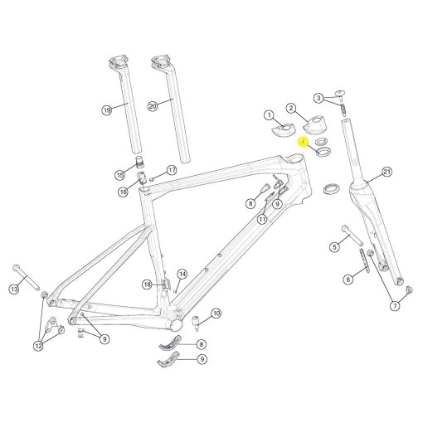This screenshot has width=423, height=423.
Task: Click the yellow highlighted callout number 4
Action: pos(304,143)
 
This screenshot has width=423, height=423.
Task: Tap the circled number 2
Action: pos(291,108)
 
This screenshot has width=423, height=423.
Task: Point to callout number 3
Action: pos(319,98)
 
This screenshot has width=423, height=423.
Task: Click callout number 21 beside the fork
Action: pos(387,173)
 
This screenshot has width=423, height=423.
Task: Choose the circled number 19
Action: pos(107,110)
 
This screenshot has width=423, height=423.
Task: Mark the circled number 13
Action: pos(14,289)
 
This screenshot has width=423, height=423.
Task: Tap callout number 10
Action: pos(216,313)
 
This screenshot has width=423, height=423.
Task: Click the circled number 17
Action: pos(173,170)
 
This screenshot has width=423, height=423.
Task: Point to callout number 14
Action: pos(182,274)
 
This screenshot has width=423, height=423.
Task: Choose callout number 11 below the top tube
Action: pos(262,219)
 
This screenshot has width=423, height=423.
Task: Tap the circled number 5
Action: pos(335,246)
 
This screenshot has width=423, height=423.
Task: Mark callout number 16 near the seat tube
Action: pos(123,192)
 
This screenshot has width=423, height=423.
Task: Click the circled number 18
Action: pos(148,284)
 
